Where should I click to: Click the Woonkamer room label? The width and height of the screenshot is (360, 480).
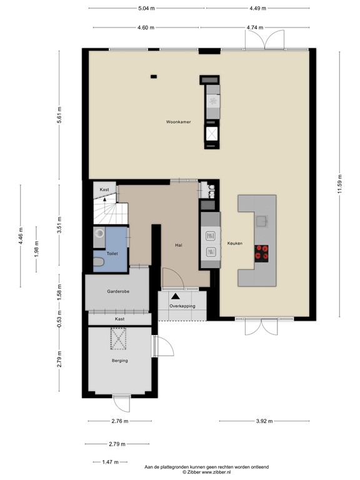click(x=178, y=121)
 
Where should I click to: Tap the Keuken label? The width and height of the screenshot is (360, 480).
click(x=234, y=243)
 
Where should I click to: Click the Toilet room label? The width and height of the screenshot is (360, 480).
click(x=112, y=254)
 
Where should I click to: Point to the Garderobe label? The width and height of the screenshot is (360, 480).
click(x=117, y=291)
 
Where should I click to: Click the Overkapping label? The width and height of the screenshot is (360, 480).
click(x=182, y=306)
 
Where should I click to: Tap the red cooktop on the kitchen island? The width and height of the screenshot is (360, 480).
click(x=262, y=252)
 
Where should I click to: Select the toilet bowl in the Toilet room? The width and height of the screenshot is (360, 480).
click(x=99, y=262)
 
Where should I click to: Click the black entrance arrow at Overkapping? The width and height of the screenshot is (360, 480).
click(x=176, y=297)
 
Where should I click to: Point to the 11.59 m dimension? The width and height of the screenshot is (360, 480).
click(x=339, y=184)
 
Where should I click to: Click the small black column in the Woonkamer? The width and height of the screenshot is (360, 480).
click(x=153, y=77)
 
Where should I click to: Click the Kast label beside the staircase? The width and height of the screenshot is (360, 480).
click(x=104, y=189)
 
